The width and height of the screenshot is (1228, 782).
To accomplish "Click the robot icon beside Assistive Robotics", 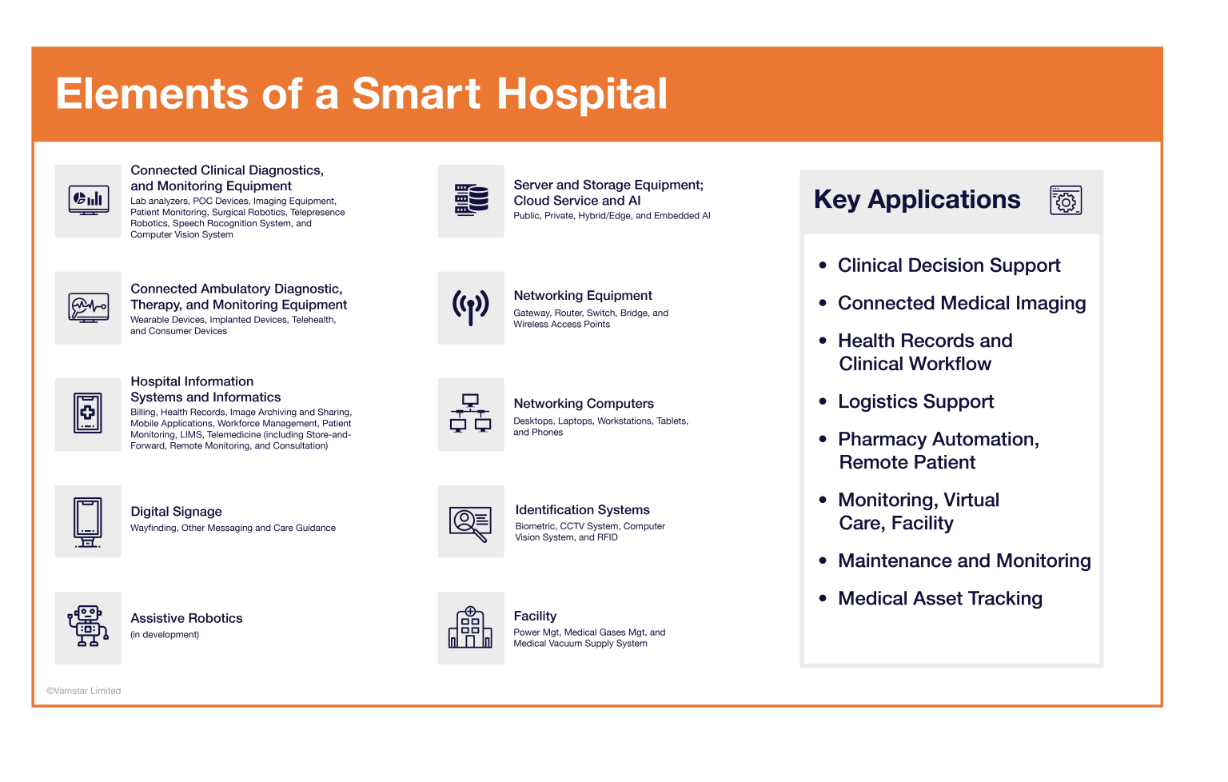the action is tap(88, 627).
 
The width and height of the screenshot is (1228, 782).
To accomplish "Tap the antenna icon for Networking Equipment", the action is tap(470, 308).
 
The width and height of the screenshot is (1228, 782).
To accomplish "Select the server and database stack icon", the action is tap(471, 200).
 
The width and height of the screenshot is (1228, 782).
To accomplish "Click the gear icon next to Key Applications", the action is tap(1066, 200).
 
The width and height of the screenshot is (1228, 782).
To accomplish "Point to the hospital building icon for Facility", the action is tap(470, 628).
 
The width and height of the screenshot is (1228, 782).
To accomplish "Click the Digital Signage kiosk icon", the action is tap(88, 522).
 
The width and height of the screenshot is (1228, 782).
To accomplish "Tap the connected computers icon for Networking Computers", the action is tap(470, 413).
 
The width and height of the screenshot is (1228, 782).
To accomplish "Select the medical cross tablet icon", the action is tap(88, 413).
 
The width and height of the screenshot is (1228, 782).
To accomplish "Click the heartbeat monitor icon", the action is tap(88, 308).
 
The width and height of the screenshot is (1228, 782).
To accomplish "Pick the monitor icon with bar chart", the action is tap(88, 200).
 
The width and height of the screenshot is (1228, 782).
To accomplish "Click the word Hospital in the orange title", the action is tap(582, 94).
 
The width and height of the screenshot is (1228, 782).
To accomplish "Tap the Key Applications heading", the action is tap(917, 199).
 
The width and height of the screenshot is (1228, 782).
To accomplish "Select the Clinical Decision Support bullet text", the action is tap(949, 265).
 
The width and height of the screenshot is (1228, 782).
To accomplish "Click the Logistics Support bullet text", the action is tap(915, 401).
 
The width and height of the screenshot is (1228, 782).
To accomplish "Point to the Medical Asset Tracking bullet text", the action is tap(940, 598).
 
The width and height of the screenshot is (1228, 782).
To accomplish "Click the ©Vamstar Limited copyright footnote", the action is tap(83, 691).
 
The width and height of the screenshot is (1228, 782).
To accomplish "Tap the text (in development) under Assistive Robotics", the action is tap(165, 635).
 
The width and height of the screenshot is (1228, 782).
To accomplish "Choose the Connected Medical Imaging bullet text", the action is tap(962, 303).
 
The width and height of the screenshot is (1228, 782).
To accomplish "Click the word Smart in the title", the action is tap(416, 94).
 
